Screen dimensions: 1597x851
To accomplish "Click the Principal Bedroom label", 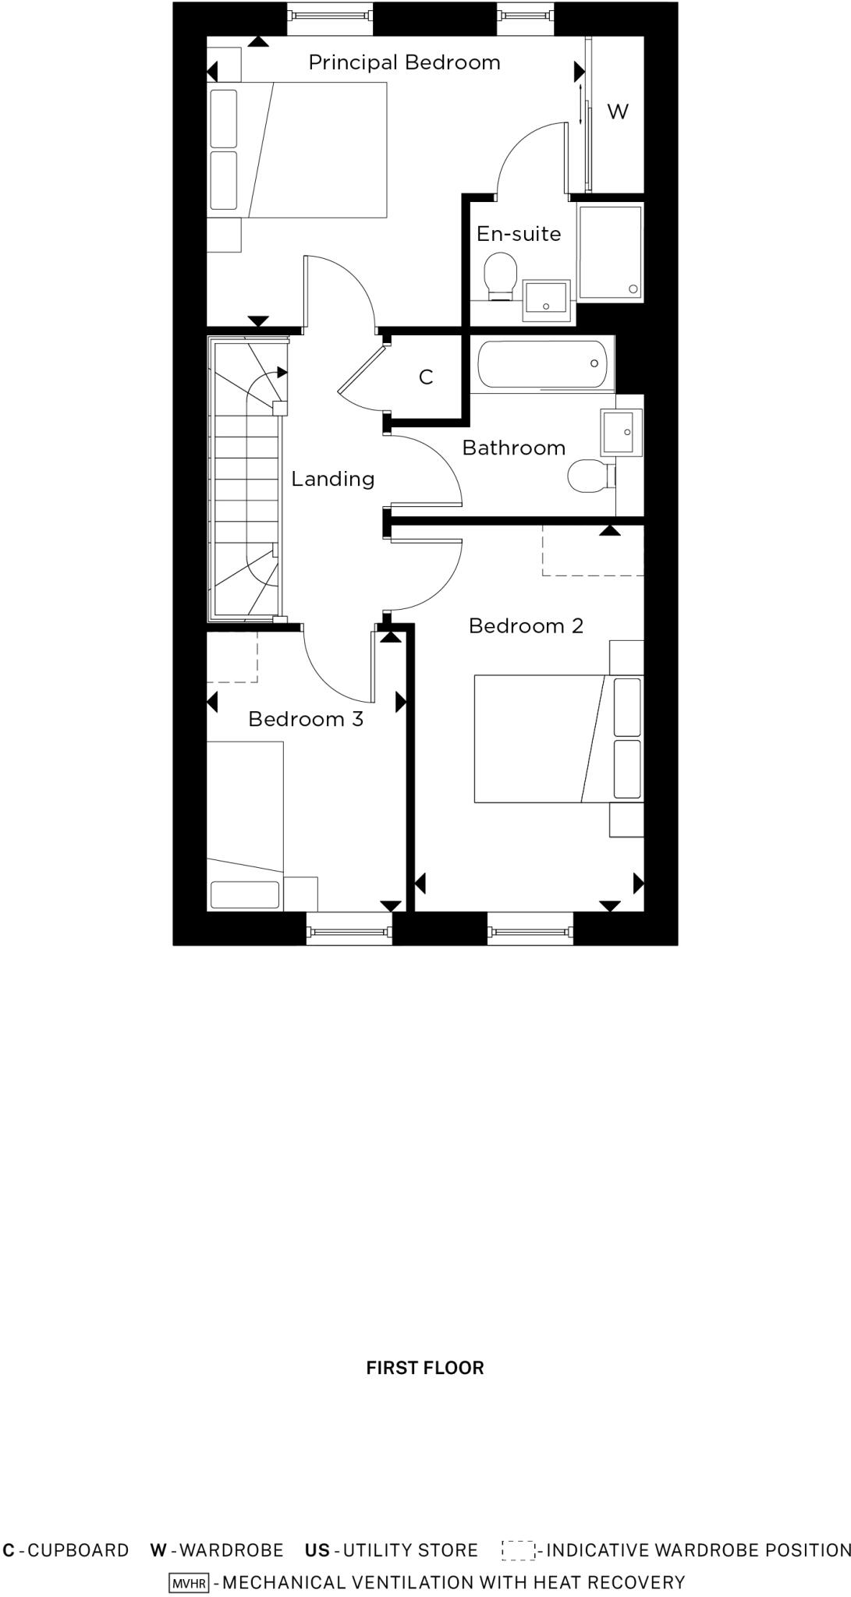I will click(x=404, y=62).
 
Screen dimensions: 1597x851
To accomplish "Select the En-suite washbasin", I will click(x=546, y=299).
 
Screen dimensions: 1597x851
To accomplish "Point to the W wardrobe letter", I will click(x=617, y=112).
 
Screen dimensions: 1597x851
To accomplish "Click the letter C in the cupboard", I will click(x=426, y=377).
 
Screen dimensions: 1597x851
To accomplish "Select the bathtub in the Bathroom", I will click(x=543, y=364).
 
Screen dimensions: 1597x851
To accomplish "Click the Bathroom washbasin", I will click(x=622, y=432).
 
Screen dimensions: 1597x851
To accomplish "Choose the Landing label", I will click(x=333, y=479).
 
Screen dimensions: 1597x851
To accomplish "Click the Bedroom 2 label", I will click(x=526, y=626).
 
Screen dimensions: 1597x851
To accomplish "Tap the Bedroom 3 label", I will click(x=306, y=719).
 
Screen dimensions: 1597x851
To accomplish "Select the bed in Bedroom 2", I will click(x=546, y=738).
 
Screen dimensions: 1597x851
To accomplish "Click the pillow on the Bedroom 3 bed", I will click(x=245, y=894).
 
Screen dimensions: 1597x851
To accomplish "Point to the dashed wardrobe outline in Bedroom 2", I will click(x=593, y=551).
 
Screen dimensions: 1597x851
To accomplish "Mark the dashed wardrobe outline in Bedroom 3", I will click(x=232, y=657).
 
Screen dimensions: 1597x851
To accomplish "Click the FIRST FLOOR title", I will click(x=425, y=1368).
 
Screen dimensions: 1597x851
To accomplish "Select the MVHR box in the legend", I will click(x=189, y=1583).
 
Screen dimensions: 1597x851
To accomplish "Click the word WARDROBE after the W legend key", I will click(x=232, y=1550).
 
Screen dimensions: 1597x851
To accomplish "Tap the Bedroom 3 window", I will click(x=349, y=930).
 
